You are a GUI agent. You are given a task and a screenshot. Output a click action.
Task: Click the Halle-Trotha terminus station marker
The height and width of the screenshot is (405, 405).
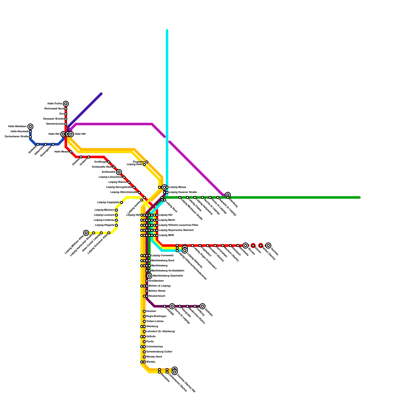pos(66,104)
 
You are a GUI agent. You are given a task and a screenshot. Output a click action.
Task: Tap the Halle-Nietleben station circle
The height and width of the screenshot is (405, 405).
pos(30,127)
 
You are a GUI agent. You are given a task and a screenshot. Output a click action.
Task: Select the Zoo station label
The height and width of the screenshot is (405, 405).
pos(62,114)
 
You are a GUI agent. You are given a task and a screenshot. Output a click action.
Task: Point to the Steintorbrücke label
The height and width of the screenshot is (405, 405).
pos(55,124)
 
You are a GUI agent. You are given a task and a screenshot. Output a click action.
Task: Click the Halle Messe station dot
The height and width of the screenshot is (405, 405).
pos(71,152)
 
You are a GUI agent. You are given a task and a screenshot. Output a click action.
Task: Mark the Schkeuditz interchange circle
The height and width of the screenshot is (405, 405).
pos(119,172)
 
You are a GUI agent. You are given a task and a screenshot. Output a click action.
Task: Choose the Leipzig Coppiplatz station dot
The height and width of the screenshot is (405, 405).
pos(121,202)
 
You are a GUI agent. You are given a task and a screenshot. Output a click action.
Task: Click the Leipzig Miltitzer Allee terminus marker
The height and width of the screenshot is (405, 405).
pos(86,233)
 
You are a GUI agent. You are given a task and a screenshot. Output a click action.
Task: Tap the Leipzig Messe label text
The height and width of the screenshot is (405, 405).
pos(177,187)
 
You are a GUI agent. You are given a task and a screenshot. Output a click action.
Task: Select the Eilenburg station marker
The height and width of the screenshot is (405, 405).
pos(228,195)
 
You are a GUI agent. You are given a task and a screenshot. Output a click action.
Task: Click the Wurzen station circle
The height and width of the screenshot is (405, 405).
pos(246,246)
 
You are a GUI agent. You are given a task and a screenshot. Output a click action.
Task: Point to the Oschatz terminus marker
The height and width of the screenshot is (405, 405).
pos(268,246)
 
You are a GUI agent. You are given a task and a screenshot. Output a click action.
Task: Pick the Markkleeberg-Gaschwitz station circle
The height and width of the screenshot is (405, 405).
pos(149,276)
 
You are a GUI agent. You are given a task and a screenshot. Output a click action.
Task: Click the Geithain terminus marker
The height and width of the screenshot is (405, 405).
pos(202,306)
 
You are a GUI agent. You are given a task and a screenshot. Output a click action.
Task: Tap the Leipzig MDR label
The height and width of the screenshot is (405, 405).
pos(166,235)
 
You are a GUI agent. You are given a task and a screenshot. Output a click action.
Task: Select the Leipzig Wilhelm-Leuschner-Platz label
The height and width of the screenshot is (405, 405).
pos(178,225)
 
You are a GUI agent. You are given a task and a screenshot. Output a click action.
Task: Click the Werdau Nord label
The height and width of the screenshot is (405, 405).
pos(154,357)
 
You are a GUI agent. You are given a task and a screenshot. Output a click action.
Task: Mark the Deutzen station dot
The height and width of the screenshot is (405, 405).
pos(144,311)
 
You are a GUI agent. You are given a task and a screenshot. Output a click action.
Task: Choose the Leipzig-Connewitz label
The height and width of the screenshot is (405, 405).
pos(162,256)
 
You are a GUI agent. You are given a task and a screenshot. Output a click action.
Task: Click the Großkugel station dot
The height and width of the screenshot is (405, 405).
pos(109,162)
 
